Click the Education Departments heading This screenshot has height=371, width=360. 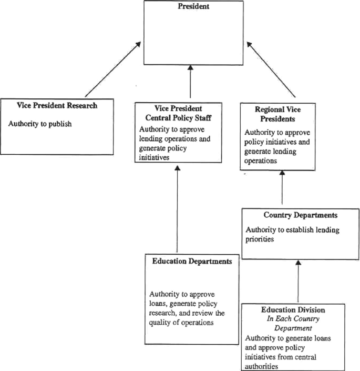pyautogui.click(x=193, y=260)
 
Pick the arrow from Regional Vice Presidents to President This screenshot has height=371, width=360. pyautogui.click(x=272, y=71)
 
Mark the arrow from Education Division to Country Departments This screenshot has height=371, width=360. pyautogui.click(x=298, y=281)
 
